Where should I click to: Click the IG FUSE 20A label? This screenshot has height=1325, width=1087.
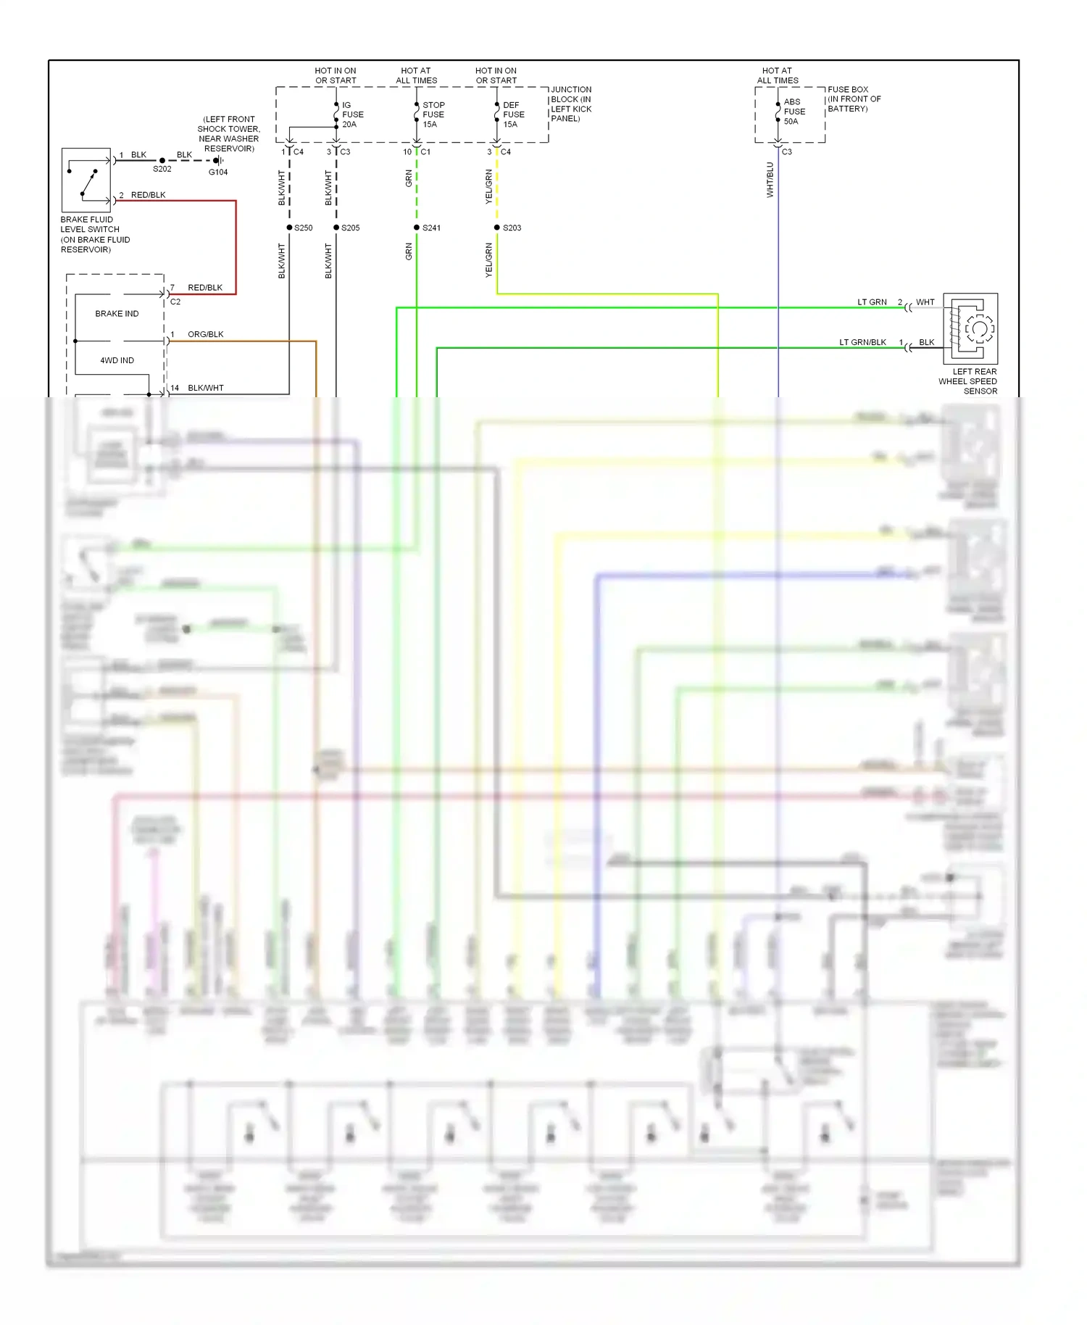pos(352,115)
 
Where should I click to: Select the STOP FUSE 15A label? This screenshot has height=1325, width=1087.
pos(433,115)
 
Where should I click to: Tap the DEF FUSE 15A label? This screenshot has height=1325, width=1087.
pos(513,115)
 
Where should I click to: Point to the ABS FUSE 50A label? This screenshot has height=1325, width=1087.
pos(794,112)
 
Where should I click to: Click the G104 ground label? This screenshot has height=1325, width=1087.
pos(218,173)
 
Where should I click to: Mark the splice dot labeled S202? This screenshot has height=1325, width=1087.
pos(162,160)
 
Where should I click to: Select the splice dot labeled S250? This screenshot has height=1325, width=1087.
pos(289,228)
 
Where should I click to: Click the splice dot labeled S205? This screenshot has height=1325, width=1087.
pos(336,228)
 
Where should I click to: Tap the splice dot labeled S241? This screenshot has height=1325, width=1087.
pos(417,228)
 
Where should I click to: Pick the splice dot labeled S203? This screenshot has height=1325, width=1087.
pos(497,228)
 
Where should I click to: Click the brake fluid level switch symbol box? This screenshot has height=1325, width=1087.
pos(86,180)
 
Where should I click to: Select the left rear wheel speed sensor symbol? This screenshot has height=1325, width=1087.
pos(970,328)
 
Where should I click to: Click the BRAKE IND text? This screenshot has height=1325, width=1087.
pos(117,314)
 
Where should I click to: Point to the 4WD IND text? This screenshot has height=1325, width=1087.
pos(117,360)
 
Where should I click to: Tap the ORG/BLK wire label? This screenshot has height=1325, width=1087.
pos(205,334)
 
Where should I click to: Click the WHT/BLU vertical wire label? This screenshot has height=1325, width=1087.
pos(770,180)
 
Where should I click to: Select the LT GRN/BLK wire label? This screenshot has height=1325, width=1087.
pos(862,342)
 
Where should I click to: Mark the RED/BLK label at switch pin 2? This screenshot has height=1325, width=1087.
pos(148,195)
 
